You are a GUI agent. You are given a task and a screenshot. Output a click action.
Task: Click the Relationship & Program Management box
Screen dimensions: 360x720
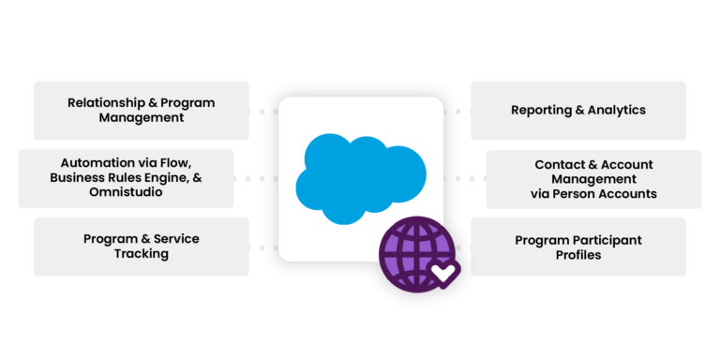tap(141, 110)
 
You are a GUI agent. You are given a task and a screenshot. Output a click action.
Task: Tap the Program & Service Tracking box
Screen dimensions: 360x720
tap(141, 247)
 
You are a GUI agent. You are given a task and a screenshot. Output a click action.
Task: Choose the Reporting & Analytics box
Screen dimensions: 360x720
tap(577, 110)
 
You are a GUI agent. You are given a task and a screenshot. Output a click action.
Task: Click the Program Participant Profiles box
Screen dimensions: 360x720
tap(577, 247)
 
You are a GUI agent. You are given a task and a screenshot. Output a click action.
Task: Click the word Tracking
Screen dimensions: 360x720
tap(141, 254)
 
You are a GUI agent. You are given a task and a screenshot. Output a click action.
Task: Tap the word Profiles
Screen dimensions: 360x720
tap(577, 254)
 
